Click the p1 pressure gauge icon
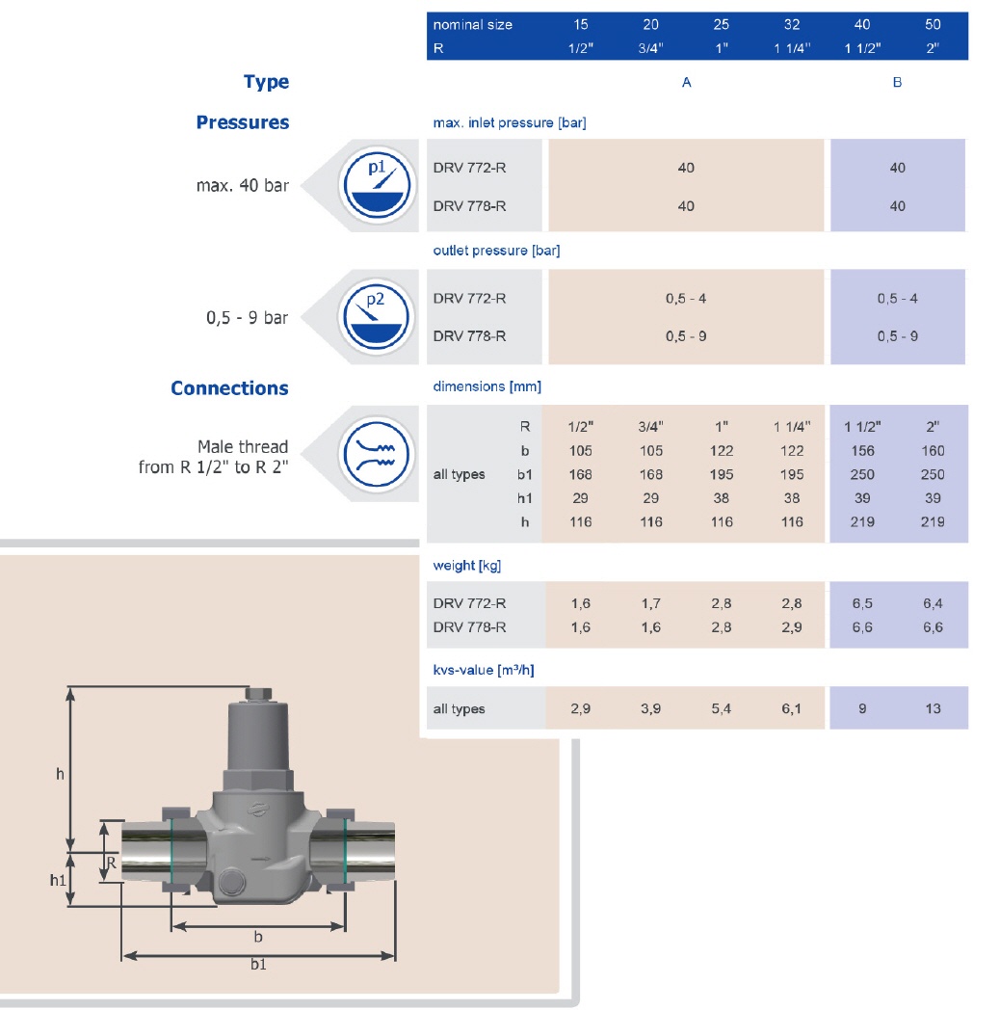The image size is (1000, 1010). coord(377,185)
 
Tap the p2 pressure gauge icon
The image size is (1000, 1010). coord(376,317)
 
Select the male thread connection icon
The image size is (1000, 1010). coord(376,454)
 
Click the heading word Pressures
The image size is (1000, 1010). coord(243,122)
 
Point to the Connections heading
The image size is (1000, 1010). coord(229,387)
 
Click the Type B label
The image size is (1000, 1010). coord(897,83)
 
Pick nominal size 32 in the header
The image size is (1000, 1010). coord(791,24)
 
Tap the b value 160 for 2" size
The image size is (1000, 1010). coord(933,451)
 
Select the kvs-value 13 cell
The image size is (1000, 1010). coord(933,708)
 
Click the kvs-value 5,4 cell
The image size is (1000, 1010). coord(722,708)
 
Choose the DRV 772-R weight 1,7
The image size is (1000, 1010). coord(650,603)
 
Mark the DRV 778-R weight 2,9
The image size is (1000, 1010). coord(791,627)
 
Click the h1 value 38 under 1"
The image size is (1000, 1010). coord(722,498)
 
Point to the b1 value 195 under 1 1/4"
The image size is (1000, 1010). coord(791,475)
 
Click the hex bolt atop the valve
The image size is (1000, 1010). coord(258,694)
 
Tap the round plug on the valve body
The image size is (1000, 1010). coord(230,882)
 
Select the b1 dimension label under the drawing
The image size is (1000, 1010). coord(258,965)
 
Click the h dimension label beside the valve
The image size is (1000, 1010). coord(60,774)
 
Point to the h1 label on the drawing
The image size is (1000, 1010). coord(58,880)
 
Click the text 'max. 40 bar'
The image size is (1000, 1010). coord(243,185)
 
